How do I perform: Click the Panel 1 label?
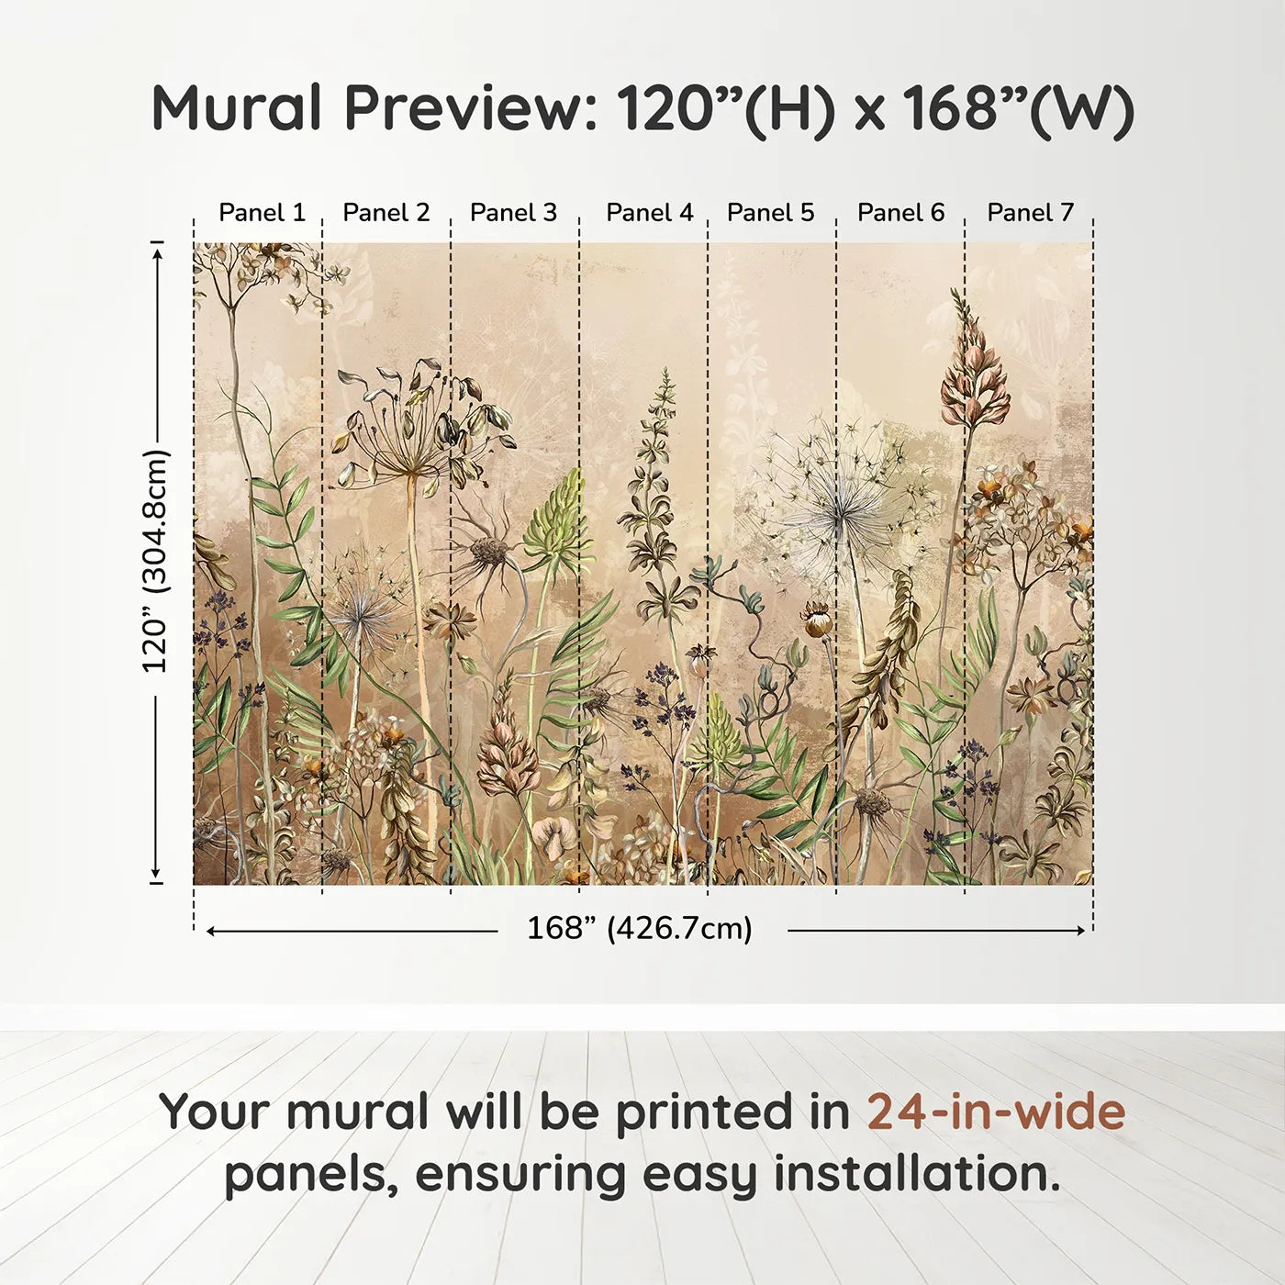262,213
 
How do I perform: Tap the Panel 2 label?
385,213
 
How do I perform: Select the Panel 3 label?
513,213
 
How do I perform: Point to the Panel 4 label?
649,213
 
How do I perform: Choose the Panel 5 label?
770,213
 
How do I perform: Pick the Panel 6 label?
900,213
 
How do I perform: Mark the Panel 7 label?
1030,213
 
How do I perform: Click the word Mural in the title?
237,108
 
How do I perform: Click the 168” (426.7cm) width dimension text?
639,929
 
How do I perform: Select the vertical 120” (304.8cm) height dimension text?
156,561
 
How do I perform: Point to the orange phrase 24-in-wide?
996,1112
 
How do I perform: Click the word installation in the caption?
916,1175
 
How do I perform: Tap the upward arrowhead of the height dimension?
157,251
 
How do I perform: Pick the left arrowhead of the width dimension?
212,931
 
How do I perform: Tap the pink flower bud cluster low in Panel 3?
508,753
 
